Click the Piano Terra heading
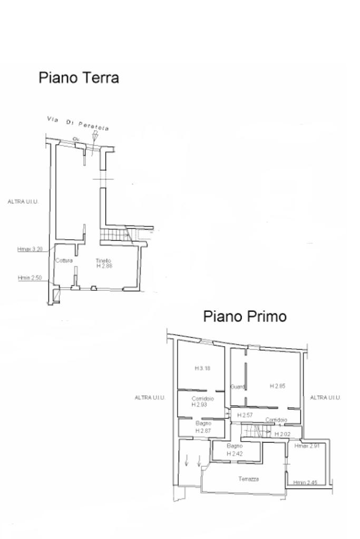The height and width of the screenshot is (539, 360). pyautogui.click(x=79, y=78)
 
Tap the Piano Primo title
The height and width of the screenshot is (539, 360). pyautogui.click(x=245, y=316)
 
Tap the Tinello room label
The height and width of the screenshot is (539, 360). pyautogui.click(x=103, y=260)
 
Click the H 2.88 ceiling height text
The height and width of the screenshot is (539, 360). pyautogui.click(x=104, y=266)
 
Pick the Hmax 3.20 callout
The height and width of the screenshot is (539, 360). pyautogui.click(x=30, y=249)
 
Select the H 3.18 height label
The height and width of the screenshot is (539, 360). pyautogui.click(x=202, y=368)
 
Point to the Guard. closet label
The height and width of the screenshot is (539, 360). pyautogui.click(x=238, y=387)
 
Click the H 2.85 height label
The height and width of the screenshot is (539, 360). pyautogui.click(x=277, y=386)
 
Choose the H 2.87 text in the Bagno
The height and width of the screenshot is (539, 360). pyautogui.click(x=203, y=430)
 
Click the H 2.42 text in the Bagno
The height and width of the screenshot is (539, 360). pyautogui.click(x=235, y=453)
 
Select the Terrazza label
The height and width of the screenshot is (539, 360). pyautogui.click(x=248, y=479)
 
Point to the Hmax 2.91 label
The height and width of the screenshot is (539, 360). pyautogui.click(x=307, y=446)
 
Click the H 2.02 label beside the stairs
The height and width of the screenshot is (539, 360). pyautogui.click(x=283, y=434)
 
